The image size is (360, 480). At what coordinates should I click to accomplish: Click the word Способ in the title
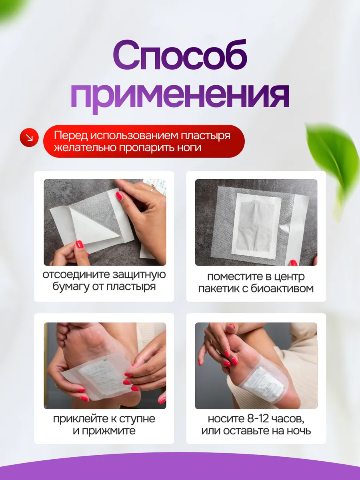pyautogui.click(x=180, y=56)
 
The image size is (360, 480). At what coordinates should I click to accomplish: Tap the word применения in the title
pyautogui.click(x=180, y=96)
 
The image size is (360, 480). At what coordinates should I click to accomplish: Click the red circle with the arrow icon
pyautogui.click(x=29, y=138)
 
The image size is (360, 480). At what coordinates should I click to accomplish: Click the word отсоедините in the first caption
pyautogui.click(x=76, y=275)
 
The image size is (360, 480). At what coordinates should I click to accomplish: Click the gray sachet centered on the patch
pyautogui.click(x=256, y=226)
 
